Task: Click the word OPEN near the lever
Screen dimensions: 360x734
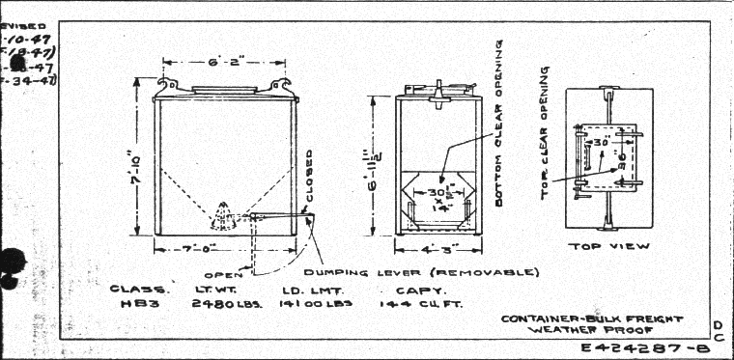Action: pyautogui.click(x=223, y=273)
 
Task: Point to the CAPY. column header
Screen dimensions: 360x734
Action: pyautogui.click(x=416, y=289)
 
